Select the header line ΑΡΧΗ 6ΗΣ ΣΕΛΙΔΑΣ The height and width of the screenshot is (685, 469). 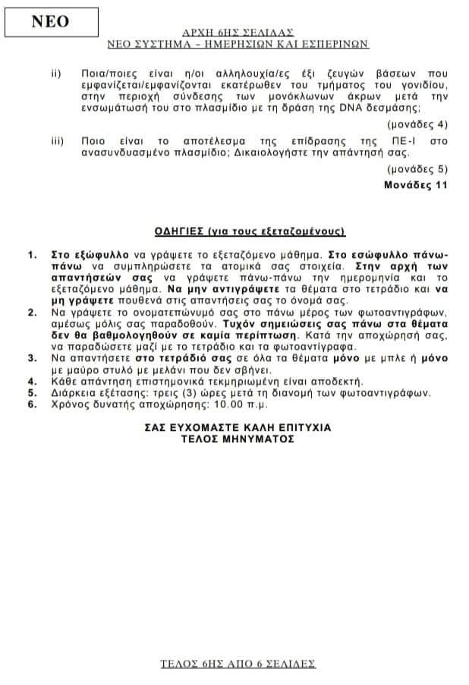click(x=238, y=33)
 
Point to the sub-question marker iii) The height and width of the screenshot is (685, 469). click(x=57, y=141)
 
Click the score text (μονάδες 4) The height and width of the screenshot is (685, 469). click(x=417, y=124)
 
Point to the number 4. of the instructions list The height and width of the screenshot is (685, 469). click(x=31, y=381)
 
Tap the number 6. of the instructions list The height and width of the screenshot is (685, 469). click(x=31, y=404)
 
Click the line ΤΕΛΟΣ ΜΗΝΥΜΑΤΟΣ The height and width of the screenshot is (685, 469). click(x=238, y=438)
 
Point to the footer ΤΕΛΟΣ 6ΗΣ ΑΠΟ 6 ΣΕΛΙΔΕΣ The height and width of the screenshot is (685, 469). click(x=238, y=663)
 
